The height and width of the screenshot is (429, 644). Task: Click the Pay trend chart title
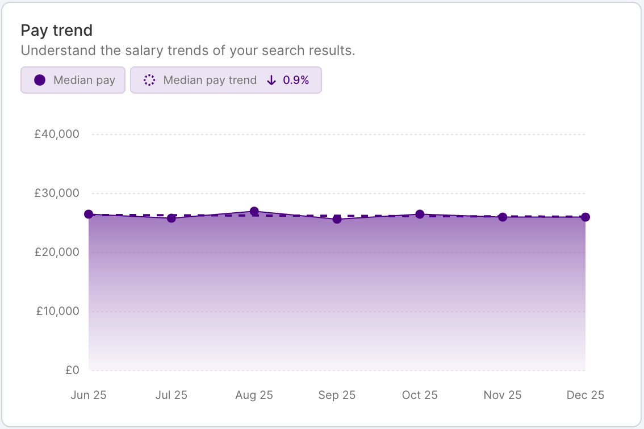56,31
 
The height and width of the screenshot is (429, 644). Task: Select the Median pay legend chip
73,80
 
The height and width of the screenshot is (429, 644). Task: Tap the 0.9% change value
296,80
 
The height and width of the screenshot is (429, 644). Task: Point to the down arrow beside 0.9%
271,80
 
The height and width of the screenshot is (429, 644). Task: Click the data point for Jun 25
89,214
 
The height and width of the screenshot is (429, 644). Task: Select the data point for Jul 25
172,218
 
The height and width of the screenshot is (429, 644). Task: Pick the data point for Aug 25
254,211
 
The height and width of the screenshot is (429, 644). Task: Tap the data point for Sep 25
337,219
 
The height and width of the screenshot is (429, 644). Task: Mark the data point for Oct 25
420,214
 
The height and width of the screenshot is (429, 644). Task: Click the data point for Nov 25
503,217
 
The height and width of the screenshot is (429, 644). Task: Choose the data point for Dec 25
586,217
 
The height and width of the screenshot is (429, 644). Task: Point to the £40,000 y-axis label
56,134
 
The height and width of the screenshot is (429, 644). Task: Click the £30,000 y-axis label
56,194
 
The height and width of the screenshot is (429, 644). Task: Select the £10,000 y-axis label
56,312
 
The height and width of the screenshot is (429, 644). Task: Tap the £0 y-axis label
72,370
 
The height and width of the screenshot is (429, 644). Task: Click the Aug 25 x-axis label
254,395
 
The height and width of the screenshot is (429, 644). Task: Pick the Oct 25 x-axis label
420,395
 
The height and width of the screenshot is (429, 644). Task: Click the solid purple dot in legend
40,80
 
